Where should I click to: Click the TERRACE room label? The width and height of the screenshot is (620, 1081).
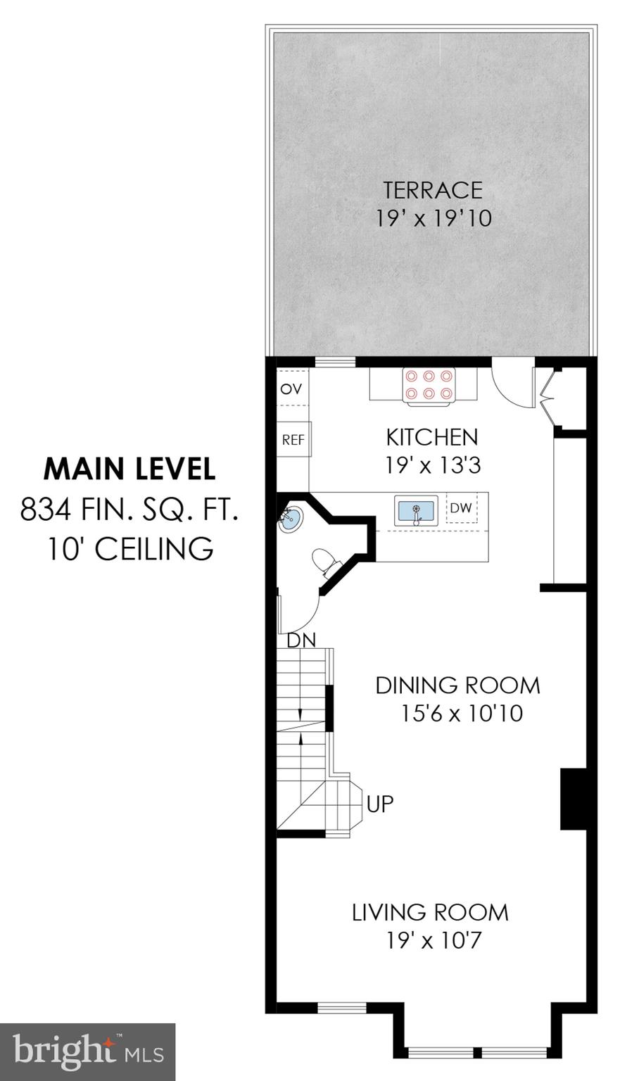(x=432, y=190)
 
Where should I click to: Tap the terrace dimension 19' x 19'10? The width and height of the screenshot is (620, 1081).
(x=432, y=218)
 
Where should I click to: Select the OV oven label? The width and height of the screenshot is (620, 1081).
(x=291, y=388)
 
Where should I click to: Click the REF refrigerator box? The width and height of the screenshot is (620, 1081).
(x=293, y=440)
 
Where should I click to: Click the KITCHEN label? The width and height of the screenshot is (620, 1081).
(x=431, y=437)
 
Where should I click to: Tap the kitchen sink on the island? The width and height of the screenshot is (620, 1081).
(x=416, y=510)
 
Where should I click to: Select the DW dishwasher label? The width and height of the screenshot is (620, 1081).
(x=461, y=508)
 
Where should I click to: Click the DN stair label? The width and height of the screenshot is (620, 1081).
(x=301, y=640)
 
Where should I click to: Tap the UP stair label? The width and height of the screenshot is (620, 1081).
(x=380, y=803)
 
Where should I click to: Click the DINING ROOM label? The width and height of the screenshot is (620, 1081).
(x=457, y=685)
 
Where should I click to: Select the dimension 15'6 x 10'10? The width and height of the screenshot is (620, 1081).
(x=462, y=714)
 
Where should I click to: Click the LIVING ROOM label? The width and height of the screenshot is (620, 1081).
(x=430, y=912)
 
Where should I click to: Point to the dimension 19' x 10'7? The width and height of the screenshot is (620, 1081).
(x=434, y=940)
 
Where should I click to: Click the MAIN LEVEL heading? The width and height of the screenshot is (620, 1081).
(x=129, y=469)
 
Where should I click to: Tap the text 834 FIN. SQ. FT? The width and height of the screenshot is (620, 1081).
(x=129, y=509)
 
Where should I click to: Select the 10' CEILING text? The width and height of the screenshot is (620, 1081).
(x=129, y=548)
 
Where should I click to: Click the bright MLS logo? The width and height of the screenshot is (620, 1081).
(x=87, y=1051)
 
